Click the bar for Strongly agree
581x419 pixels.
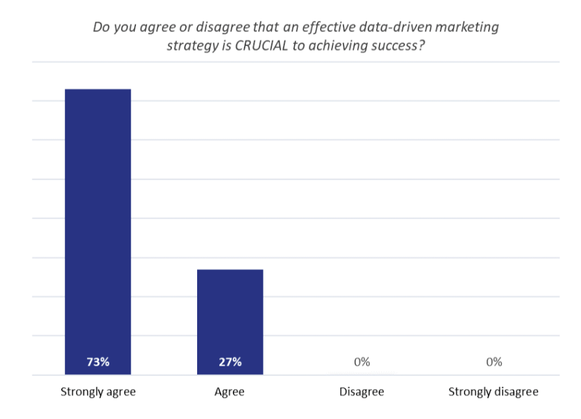(98, 221)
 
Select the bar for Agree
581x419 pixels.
(230, 312)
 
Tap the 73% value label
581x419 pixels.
(98, 362)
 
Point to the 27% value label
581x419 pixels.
(230, 362)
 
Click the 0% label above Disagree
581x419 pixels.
(362, 362)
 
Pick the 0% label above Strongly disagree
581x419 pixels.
(494, 362)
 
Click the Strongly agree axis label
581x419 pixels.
(98, 392)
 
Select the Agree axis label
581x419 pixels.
(229, 392)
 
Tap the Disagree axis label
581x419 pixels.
(362, 392)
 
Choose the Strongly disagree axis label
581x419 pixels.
(494, 392)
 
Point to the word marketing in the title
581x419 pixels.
(467, 29)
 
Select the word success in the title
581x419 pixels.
(391, 47)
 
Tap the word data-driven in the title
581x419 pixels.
(394, 29)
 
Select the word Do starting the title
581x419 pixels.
(101, 29)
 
